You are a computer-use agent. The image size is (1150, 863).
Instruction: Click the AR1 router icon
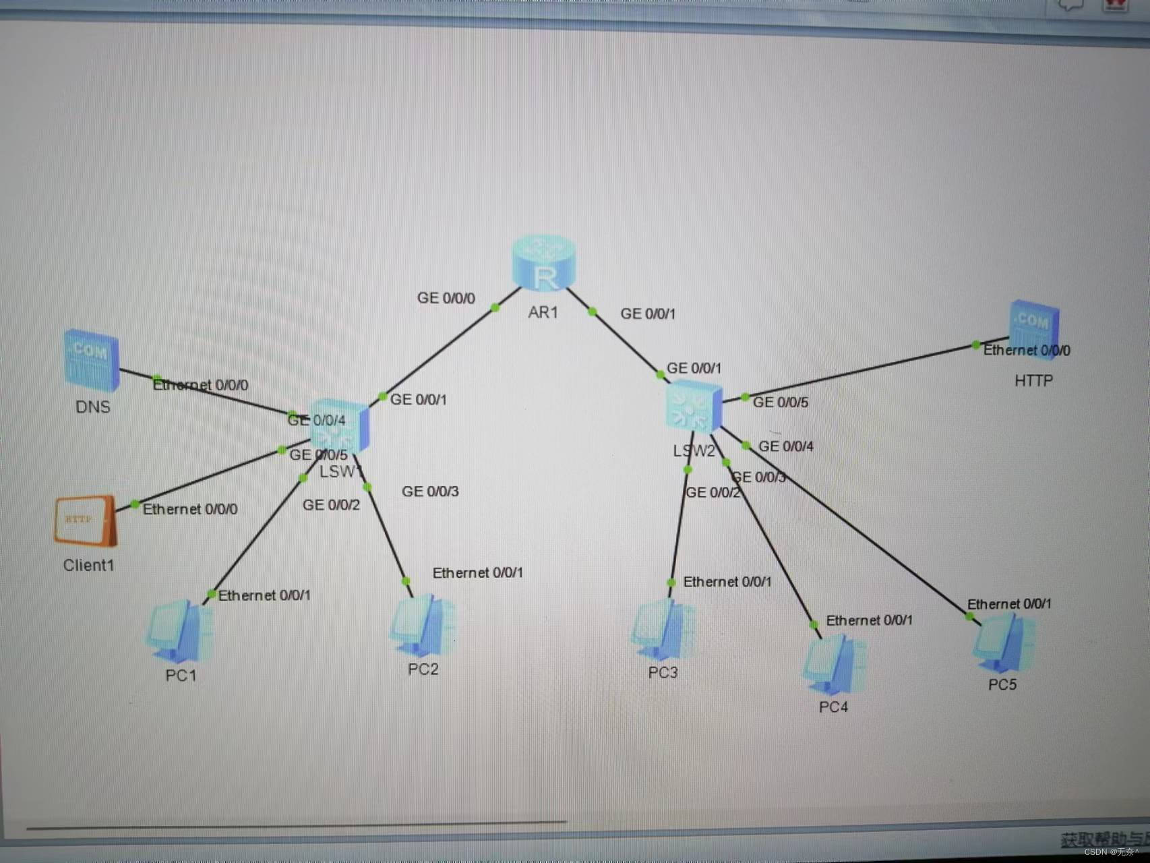(x=543, y=264)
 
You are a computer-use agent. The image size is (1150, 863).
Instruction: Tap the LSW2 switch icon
(x=694, y=407)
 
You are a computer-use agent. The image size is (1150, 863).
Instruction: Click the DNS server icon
(x=92, y=360)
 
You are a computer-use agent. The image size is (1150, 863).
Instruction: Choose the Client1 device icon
(x=86, y=520)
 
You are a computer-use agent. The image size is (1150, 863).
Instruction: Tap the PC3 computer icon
(x=663, y=630)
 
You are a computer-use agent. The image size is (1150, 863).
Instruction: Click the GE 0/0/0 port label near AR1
(x=446, y=298)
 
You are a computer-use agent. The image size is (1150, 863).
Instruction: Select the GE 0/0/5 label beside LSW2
(x=781, y=403)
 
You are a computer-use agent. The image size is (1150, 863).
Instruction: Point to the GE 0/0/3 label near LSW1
(x=430, y=492)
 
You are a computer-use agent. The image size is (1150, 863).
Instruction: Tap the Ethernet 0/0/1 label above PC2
(x=477, y=573)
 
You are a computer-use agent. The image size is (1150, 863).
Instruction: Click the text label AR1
(x=543, y=313)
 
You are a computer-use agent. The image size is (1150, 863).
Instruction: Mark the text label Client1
(x=88, y=566)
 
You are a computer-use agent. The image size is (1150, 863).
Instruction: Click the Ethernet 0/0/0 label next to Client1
(x=190, y=510)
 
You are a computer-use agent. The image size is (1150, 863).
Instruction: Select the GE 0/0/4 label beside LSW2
(x=786, y=446)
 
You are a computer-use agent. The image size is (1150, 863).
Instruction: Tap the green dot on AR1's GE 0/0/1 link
(x=593, y=311)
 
